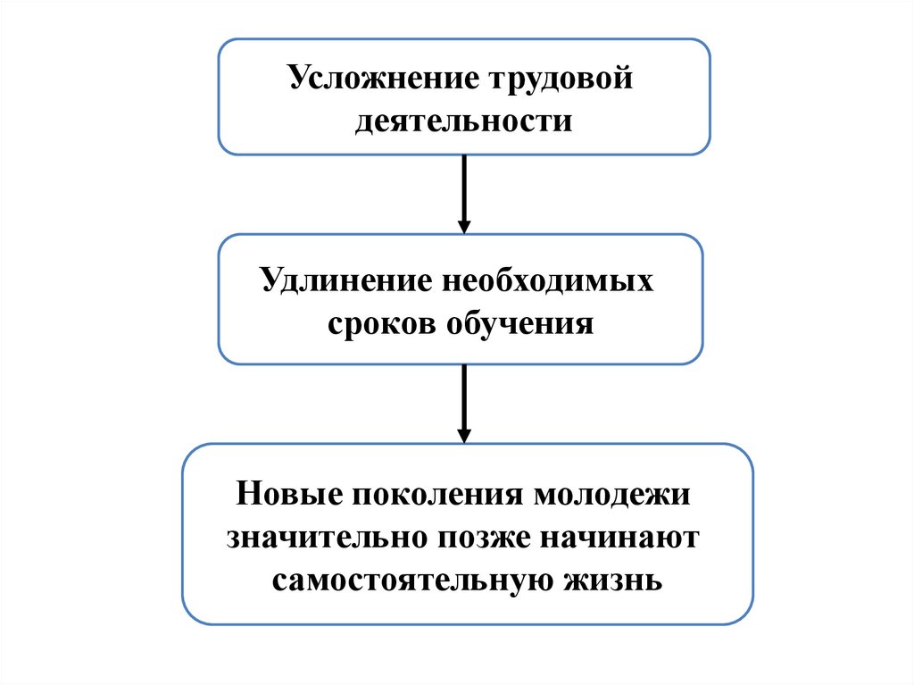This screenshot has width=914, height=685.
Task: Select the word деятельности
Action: coord(463,120)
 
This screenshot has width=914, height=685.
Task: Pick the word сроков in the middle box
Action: coord(379,322)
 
